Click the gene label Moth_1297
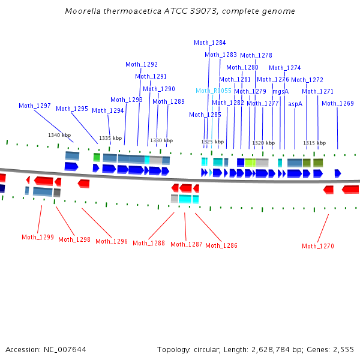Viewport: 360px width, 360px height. click(x=35, y=106)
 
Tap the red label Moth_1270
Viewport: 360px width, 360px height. click(x=318, y=246)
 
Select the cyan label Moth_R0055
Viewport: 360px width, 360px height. click(x=214, y=91)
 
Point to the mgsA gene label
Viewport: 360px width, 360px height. click(x=281, y=92)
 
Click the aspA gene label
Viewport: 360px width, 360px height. click(x=295, y=104)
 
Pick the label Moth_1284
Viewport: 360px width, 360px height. click(x=210, y=43)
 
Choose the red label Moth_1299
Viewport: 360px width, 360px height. click(x=38, y=237)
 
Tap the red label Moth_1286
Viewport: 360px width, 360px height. click(x=221, y=245)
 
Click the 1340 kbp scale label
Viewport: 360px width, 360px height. click(x=59, y=135)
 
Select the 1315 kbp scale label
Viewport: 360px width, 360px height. click(x=314, y=143)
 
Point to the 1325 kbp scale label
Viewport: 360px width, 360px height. click(x=212, y=142)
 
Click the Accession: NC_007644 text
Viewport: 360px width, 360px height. click(x=46, y=349)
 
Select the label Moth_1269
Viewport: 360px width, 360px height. click(x=338, y=103)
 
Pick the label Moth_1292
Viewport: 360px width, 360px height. click(x=142, y=65)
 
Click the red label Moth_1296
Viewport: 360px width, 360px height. click(x=112, y=241)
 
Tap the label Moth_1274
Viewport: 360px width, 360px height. click(x=285, y=68)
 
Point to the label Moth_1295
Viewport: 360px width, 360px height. click(x=72, y=109)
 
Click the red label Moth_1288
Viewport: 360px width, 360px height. click(x=149, y=243)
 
